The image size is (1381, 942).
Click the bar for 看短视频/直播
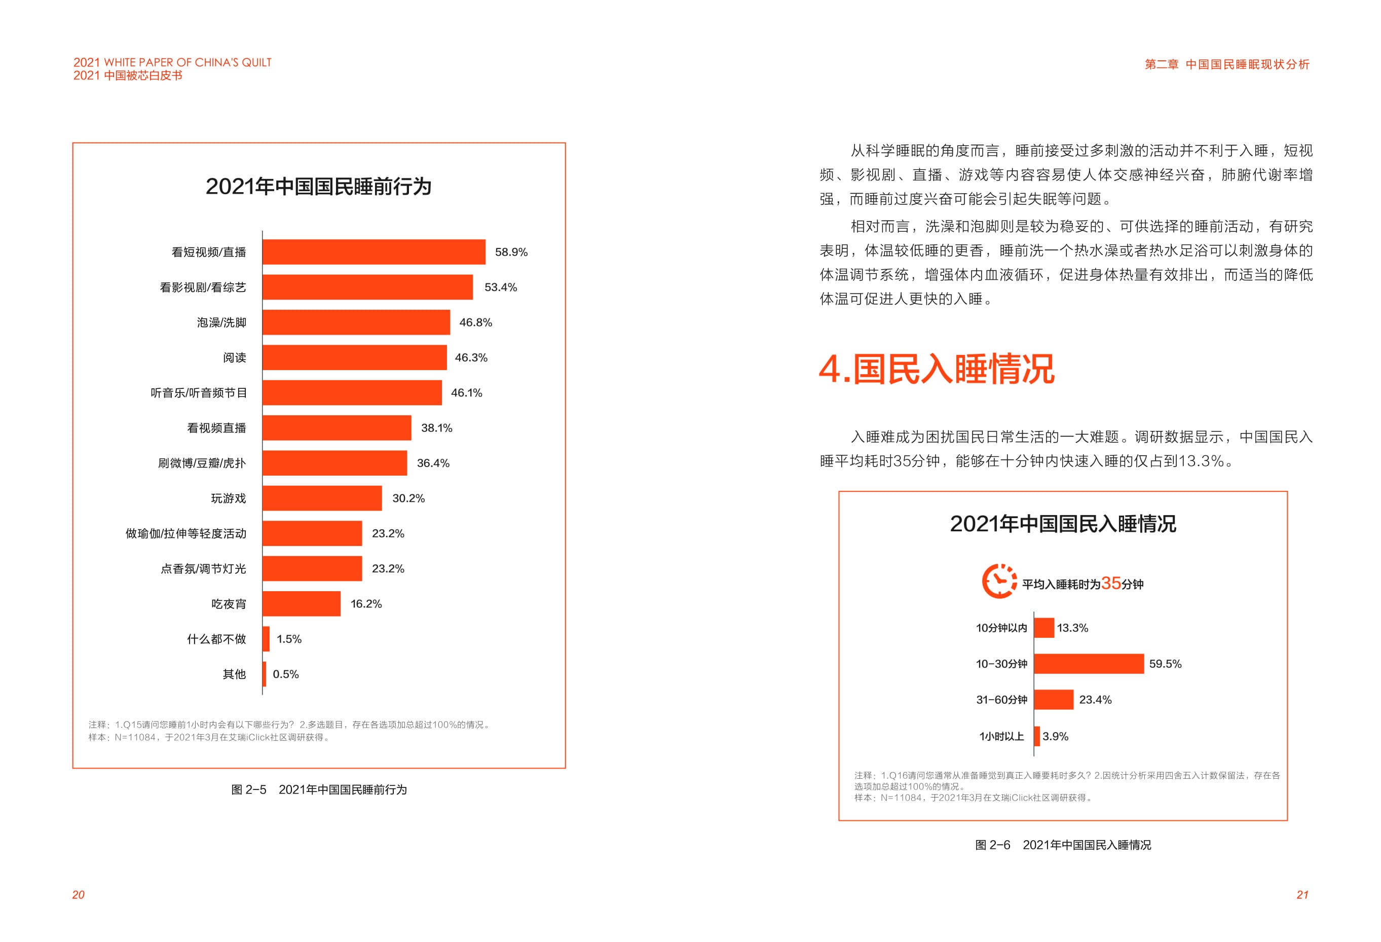pyautogui.click(x=374, y=252)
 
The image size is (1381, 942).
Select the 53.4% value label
pyautogui.click(x=500, y=287)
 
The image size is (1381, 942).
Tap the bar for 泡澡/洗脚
pyautogui.click(x=356, y=322)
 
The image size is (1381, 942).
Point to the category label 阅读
pyautogui.click(x=234, y=358)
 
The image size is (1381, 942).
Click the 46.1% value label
pyautogui.click(x=466, y=393)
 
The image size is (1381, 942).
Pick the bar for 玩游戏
pyautogui.click(x=322, y=498)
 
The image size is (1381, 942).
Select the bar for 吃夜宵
pyautogui.click(x=301, y=604)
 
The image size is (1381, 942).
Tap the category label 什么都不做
pyautogui.click(x=216, y=639)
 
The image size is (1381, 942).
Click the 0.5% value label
pyautogui.click(x=286, y=674)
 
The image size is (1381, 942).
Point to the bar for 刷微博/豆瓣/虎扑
pyautogui.click(x=334, y=463)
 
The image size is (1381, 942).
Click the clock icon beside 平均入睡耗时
pyautogui.click(x=999, y=581)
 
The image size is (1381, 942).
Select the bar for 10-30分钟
pyautogui.click(x=1089, y=664)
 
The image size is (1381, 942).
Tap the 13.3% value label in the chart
pyautogui.click(x=1072, y=628)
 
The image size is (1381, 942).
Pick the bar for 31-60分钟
pyautogui.click(x=1054, y=700)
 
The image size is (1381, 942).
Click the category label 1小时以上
pyautogui.click(x=1001, y=736)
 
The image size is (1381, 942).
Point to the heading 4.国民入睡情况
pyautogui.click(x=937, y=369)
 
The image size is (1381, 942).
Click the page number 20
pyautogui.click(x=78, y=895)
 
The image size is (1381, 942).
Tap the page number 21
pyautogui.click(x=1302, y=895)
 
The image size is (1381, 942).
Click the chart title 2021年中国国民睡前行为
pyautogui.click(x=318, y=187)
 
